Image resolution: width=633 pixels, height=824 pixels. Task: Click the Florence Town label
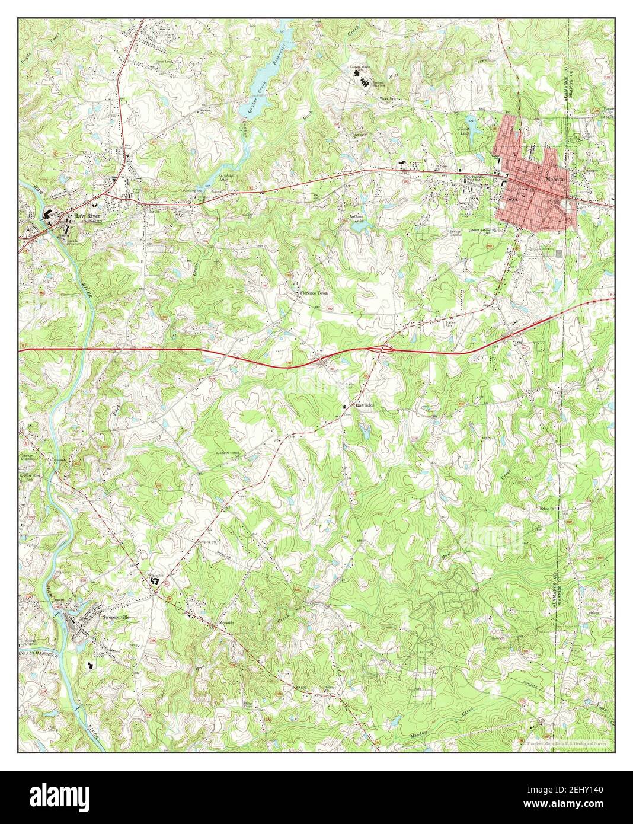(x=312, y=293)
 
